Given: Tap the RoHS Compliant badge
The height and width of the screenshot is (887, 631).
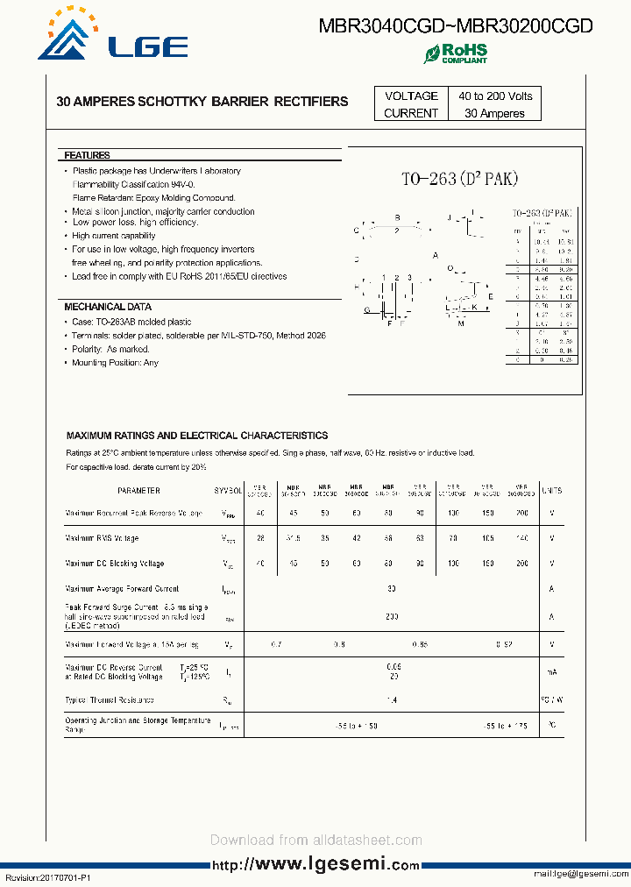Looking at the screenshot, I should click(456, 53).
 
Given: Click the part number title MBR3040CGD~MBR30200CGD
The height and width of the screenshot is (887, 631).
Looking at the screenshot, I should click(456, 26).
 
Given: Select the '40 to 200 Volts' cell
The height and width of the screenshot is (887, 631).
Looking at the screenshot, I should click(494, 96).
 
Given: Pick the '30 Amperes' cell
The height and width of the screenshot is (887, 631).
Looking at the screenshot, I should click(494, 113).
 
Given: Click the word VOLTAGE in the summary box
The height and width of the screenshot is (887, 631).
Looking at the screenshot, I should click(411, 96).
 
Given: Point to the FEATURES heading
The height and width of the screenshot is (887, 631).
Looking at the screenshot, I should click(87, 155).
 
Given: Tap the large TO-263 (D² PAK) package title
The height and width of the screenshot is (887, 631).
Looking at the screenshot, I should click(460, 179).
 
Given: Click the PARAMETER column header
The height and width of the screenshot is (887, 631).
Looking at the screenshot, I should click(138, 491).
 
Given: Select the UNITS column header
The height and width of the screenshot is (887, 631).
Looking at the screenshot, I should click(551, 491).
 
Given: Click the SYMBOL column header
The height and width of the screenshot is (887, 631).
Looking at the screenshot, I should click(228, 491).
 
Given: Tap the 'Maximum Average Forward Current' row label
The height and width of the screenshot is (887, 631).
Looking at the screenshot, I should click(122, 589).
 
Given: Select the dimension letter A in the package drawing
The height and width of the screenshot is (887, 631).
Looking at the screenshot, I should click(436, 255).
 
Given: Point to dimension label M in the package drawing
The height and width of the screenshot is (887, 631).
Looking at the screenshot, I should click(461, 324).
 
